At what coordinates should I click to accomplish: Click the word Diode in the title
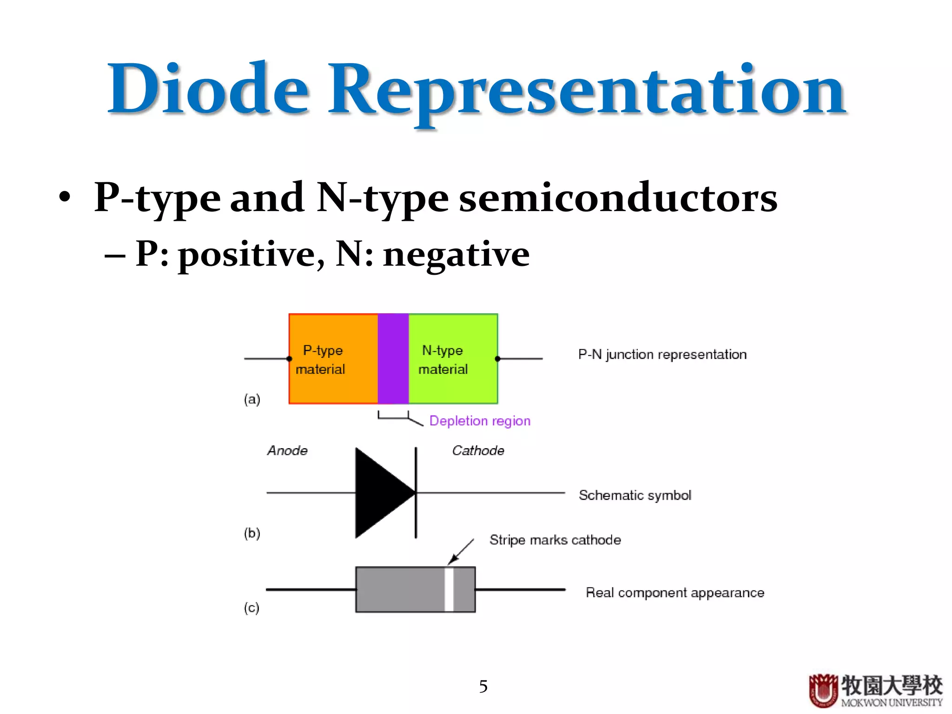click(208, 89)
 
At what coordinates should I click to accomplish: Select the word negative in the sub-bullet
click(456, 255)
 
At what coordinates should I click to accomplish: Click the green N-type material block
click(453, 386)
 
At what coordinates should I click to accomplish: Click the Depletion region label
click(480, 421)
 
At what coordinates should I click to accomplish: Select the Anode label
click(287, 450)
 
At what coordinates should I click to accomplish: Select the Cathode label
click(478, 450)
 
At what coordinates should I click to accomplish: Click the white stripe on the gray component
click(449, 589)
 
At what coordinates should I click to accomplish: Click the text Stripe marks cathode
click(555, 540)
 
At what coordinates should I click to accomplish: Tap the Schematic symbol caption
click(635, 496)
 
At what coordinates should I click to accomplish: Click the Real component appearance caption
click(674, 593)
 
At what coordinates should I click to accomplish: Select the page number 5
click(483, 687)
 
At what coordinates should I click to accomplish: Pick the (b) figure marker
click(252, 533)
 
